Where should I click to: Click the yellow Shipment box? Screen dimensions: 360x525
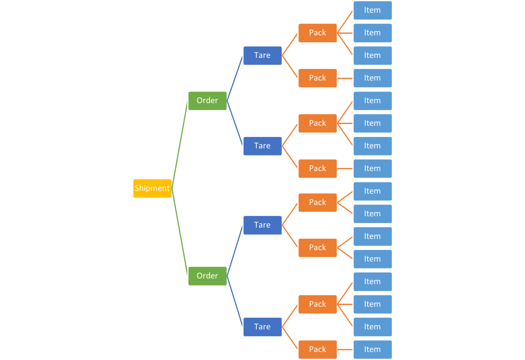(x=152, y=188)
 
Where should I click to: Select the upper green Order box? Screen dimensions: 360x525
(x=207, y=100)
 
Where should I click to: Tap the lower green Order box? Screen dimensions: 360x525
(x=207, y=276)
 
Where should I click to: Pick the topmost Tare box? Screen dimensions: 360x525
(x=262, y=55)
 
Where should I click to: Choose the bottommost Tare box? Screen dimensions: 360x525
(x=262, y=327)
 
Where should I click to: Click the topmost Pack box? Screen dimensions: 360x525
(x=318, y=33)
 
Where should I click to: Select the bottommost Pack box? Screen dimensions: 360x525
(x=318, y=349)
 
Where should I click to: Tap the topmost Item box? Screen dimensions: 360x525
(x=373, y=10)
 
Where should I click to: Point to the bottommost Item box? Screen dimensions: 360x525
(x=373, y=349)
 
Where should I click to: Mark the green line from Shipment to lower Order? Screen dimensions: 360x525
(x=180, y=232)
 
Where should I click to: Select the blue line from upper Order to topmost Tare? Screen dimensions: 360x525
(x=235, y=78)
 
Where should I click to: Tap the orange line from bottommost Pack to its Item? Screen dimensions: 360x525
(x=345, y=349)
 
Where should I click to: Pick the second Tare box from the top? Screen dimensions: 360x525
(x=262, y=146)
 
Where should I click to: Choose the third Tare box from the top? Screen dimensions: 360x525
(x=262, y=225)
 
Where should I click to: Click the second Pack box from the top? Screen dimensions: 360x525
(x=318, y=78)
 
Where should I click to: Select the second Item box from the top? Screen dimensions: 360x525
(x=373, y=33)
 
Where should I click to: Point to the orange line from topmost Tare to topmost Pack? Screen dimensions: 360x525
(x=290, y=44)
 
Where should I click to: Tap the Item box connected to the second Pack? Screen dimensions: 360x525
(x=373, y=78)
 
